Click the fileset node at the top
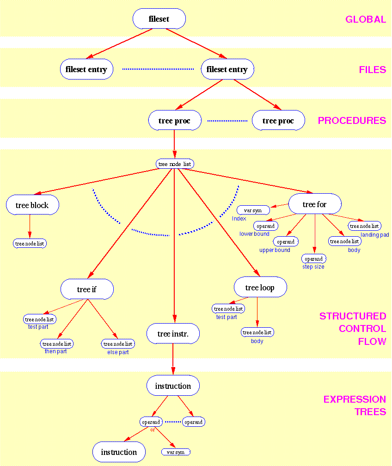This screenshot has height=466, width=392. (x=159, y=19)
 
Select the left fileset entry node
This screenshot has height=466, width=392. (x=86, y=69)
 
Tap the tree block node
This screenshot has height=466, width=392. (x=32, y=205)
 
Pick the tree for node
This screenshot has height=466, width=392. (x=315, y=204)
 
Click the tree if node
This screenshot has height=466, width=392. (x=87, y=289)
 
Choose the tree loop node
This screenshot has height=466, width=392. (x=260, y=288)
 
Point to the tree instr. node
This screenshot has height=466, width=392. (x=173, y=333)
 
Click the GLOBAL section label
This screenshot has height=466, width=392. (x=365, y=19)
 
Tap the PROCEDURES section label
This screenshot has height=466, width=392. (x=352, y=121)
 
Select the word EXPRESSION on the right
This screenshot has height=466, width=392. (x=355, y=399)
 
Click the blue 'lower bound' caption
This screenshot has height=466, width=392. (x=254, y=234)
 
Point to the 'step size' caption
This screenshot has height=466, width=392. (x=313, y=267)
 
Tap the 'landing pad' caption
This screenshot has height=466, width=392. (x=375, y=235)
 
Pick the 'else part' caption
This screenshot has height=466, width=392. (x=118, y=352)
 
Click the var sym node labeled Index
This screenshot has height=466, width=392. (x=253, y=210)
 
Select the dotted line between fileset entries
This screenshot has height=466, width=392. (x=158, y=69)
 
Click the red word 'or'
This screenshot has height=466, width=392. (x=152, y=429)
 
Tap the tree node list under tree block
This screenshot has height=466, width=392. (x=30, y=244)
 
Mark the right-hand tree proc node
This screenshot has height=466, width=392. (x=278, y=121)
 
